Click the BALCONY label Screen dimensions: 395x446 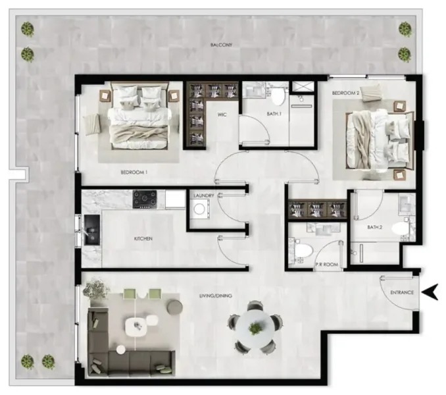click(222, 45)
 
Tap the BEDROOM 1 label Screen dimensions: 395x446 click(134, 172)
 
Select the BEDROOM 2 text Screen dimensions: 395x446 click(345, 93)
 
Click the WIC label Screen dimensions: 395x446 click(222, 114)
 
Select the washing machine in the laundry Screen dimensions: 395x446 click(199, 210)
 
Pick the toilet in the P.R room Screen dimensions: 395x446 click(303, 251)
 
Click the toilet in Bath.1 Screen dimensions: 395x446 click(278, 97)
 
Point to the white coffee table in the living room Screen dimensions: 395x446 click(137, 324)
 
